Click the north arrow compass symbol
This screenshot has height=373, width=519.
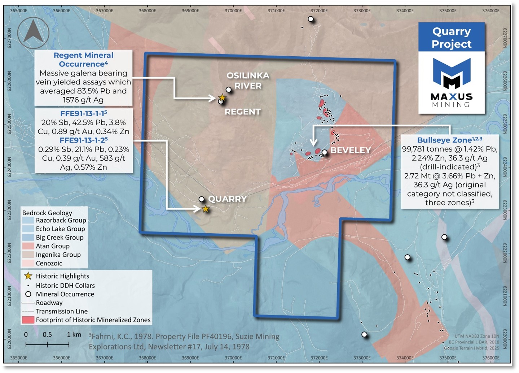click(33, 32)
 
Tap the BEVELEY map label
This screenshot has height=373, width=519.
click(351, 150)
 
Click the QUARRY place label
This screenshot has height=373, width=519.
click(227, 199)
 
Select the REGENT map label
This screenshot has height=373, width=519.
click(242, 112)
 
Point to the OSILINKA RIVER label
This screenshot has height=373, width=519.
click(248, 81)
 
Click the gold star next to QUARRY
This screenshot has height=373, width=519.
click(206, 209)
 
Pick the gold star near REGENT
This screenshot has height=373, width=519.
click(223, 97)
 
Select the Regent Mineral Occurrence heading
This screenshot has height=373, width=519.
click(83, 60)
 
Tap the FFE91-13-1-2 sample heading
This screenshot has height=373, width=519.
click(84, 140)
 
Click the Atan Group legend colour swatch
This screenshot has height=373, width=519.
click(28, 246)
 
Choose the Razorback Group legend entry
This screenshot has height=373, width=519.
click(61, 220)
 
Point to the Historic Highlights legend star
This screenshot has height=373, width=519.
click(28, 276)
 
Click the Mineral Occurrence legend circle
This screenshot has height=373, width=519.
click(28, 294)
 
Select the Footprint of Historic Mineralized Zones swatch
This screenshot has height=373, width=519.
click(28, 320)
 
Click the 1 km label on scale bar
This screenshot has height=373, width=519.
click(74, 334)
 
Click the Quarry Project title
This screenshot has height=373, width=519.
click(452, 38)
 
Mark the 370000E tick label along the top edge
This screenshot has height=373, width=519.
click(233, 10)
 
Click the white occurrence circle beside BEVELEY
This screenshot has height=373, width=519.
click(325, 152)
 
